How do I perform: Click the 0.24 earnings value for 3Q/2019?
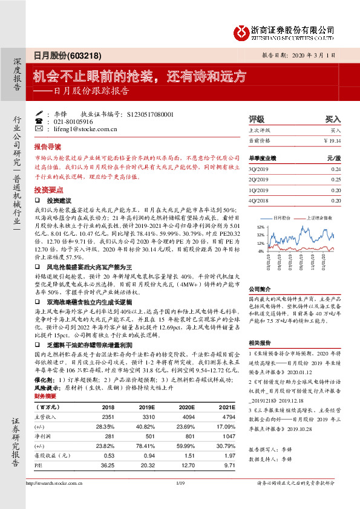tap(336, 169)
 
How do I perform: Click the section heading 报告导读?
tap(47, 147)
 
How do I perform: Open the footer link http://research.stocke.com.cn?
tap(53, 499)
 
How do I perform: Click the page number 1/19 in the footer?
tap(179, 499)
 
